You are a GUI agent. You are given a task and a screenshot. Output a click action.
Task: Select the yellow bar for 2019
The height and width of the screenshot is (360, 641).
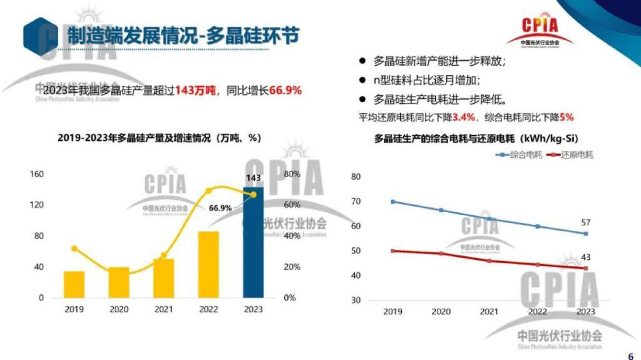pyautogui.click(x=74, y=284)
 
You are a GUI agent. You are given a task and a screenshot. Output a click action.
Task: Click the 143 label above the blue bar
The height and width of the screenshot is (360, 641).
pyautogui.click(x=254, y=178)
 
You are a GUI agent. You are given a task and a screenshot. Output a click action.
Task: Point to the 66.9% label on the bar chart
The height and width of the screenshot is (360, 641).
pyautogui.click(x=220, y=208)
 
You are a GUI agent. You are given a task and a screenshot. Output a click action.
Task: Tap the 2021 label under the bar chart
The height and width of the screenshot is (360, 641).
pyautogui.click(x=163, y=309)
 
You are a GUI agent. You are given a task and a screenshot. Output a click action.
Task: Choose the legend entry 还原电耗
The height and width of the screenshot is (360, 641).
pyautogui.click(x=570, y=155)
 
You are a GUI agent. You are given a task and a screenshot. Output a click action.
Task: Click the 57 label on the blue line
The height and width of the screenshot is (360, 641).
pyautogui.click(x=586, y=223)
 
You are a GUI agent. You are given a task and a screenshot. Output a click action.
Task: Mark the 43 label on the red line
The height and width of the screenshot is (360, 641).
pyautogui.click(x=586, y=257)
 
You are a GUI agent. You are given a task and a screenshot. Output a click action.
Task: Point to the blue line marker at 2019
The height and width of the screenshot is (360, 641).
pyautogui.click(x=393, y=202)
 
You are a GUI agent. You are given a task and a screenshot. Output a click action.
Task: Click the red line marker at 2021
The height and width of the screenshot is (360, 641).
pyautogui.click(x=490, y=260)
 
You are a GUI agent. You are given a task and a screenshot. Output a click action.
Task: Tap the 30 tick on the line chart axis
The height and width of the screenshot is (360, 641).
pyautogui.click(x=356, y=300)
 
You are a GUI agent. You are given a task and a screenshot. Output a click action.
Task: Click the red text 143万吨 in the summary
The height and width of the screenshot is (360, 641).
pyautogui.click(x=195, y=90)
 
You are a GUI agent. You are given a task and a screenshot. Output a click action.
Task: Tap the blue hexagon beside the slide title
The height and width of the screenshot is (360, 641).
pyautogui.click(x=40, y=36)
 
